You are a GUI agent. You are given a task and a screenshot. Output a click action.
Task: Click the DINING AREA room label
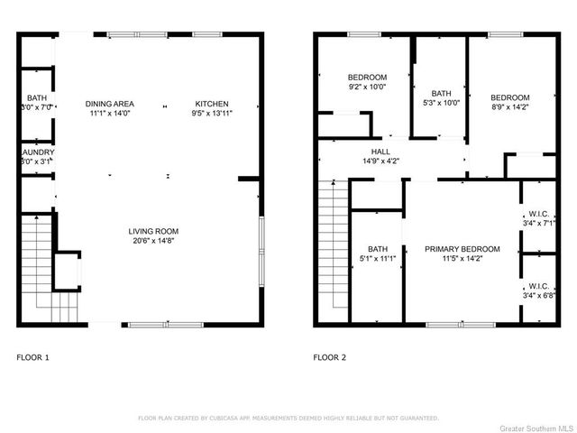[110, 104]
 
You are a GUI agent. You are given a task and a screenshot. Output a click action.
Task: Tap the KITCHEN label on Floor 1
[210, 104]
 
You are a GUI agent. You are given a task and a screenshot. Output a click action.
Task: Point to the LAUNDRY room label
[37, 152]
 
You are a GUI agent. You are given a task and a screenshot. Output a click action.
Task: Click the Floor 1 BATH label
[37, 97]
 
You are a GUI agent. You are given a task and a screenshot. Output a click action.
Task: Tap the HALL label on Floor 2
[380, 152]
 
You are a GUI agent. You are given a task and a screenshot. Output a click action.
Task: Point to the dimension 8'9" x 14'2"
[509, 107]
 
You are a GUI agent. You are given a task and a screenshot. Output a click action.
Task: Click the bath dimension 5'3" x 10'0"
[441, 103]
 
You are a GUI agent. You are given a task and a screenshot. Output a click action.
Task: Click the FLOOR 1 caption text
[33, 358]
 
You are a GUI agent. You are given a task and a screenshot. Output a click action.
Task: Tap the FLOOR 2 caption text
[329, 358]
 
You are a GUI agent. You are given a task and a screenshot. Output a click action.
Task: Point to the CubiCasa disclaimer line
[288, 418]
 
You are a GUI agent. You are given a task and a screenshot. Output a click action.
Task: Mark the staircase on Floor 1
[40, 266]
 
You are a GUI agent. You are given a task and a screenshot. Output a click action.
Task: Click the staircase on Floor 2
[334, 248]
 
